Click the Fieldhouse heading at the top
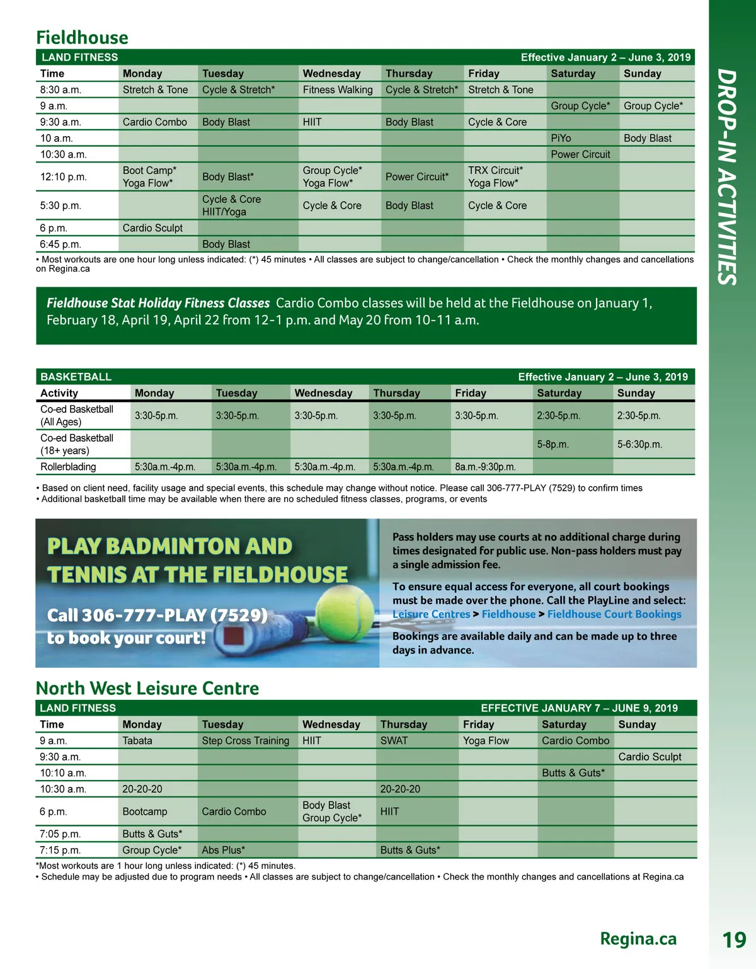82,38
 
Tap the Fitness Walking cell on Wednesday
337,90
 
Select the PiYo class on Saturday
561,139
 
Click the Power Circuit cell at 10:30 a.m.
580,154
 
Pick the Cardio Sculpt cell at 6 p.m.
152,228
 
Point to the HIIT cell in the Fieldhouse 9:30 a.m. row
312,122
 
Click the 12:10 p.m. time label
64,177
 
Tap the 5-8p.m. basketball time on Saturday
553,445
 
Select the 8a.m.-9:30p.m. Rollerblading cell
485,467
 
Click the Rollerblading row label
68,467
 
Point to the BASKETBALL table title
76,377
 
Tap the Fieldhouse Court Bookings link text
614,614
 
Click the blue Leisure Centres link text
431,614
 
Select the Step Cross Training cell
245,741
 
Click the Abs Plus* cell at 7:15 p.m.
223,850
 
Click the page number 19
734,940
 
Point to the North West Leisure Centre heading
147,688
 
